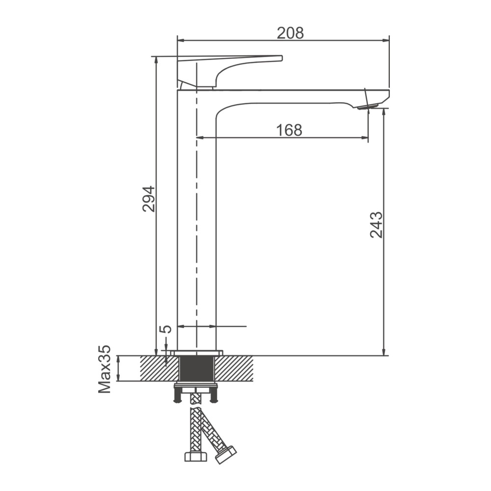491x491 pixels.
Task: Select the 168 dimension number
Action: point(289,130)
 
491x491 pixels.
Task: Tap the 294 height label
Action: point(149,199)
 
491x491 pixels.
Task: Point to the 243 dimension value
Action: point(376,225)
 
